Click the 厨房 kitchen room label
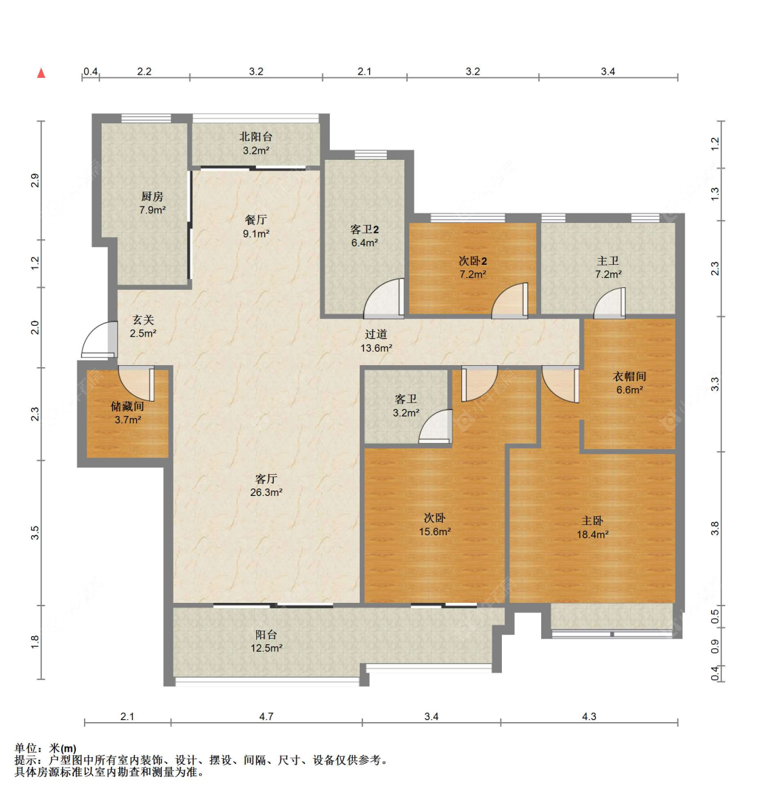pyautogui.click(x=152, y=196)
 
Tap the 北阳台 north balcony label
pyautogui.click(x=256, y=137)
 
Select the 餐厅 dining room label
pyautogui.click(x=256, y=220)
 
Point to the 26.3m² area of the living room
pyautogui.click(x=266, y=492)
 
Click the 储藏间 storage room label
pyautogui.click(x=127, y=406)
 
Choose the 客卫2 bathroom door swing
pyautogui.click(x=383, y=299)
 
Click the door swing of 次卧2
pyautogui.click(x=510, y=301)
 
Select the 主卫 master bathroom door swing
pyautogui.click(x=610, y=303)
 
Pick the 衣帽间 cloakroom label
pyautogui.click(x=629, y=377)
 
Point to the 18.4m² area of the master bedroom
pyautogui.click(x=592, y=534)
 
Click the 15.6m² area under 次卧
pyautogui.click(x=435, y=532)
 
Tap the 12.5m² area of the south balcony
pyautogui.click(x=266, y=648)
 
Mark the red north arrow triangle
pyautogui.click(x=41, y=73)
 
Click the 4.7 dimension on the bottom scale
pyautogui.click(x=266, y=716)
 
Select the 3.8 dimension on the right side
pyautogui.click(x=715, y=528)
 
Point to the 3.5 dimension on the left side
pyautogui.click(x=35, y=533)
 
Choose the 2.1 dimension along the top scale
pyautogui.click(x=364, y=71)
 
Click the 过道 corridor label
pyautogui.click(x=376, y=334)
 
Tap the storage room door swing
pyautogui.click(x=137, y=383)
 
